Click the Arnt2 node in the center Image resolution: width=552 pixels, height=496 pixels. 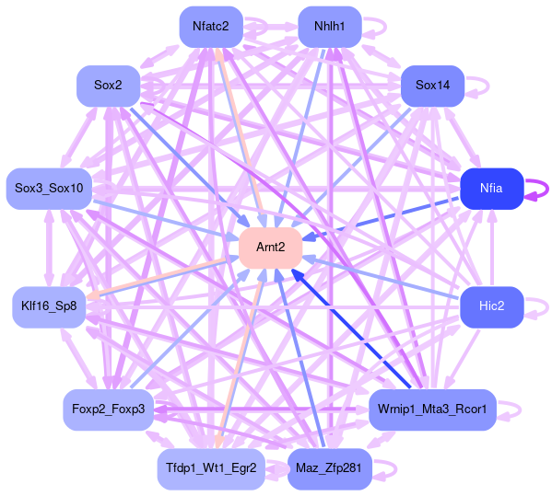[x=270, y=248]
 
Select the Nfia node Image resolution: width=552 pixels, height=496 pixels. [x=492, y=189]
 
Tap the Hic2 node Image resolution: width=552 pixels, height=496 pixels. [x=492, y=306]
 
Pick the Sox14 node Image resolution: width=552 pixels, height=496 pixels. [x=432, y=86]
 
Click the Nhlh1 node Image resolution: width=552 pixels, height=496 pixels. [x=330, y=27]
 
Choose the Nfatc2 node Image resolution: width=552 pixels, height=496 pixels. [x=211, y=27]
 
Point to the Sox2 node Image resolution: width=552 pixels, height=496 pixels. [x=108, y=86]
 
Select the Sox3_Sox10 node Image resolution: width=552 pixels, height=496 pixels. [x=49, y=189]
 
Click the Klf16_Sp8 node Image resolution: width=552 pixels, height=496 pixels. [x=49, y=306]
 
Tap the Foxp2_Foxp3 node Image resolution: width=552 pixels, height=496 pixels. [x=108, y=409]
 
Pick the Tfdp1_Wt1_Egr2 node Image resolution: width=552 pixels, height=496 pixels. [x=211, y=468]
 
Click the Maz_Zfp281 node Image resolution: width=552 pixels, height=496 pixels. [x=330, y=468]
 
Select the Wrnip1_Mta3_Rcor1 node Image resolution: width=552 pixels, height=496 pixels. [x=432, y=409]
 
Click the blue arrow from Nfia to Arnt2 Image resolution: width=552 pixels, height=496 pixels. [x=381, y=218]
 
